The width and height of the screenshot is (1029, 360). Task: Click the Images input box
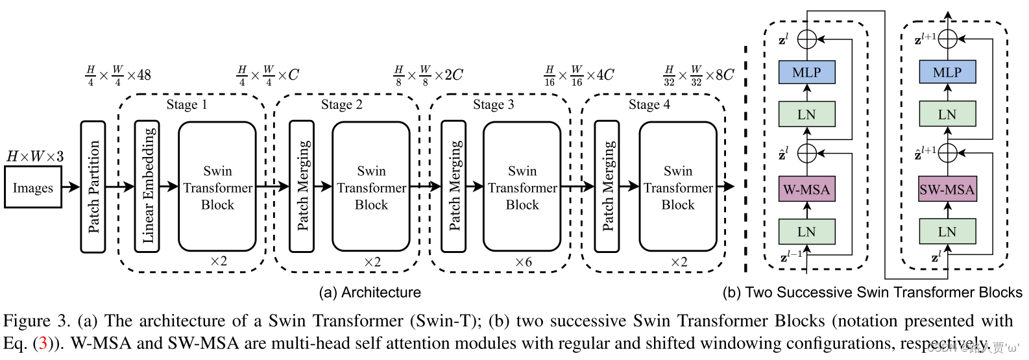[33, 187]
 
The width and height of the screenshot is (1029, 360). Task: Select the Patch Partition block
[93, 187]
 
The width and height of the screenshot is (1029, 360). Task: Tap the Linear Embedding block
[147, 187]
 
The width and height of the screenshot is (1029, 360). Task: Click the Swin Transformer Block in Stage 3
[522, 187]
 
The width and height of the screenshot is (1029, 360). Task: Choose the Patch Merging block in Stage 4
[608, 187]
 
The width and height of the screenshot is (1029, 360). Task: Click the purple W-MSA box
[806, 190]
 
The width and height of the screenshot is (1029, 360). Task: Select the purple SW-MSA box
[947, 190]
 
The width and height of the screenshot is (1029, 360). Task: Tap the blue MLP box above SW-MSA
[947, 73]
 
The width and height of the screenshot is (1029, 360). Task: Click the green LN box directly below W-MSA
[806, 232]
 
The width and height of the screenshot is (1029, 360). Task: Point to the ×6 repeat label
[523, 262]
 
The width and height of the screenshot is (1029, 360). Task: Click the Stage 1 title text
[187, 105]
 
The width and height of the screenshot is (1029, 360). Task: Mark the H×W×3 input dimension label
[35, 156]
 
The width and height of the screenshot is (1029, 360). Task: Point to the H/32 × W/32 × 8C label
[698, 75]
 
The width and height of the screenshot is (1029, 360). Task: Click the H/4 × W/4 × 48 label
[118, 75]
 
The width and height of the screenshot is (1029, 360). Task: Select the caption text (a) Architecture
[370, 293]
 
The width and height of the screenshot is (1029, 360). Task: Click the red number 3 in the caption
[43, 343]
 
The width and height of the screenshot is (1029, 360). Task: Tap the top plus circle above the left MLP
[806, 39]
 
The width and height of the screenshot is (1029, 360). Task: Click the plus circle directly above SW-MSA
[947, 154]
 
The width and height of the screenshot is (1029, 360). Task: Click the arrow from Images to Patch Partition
[71, 187]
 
